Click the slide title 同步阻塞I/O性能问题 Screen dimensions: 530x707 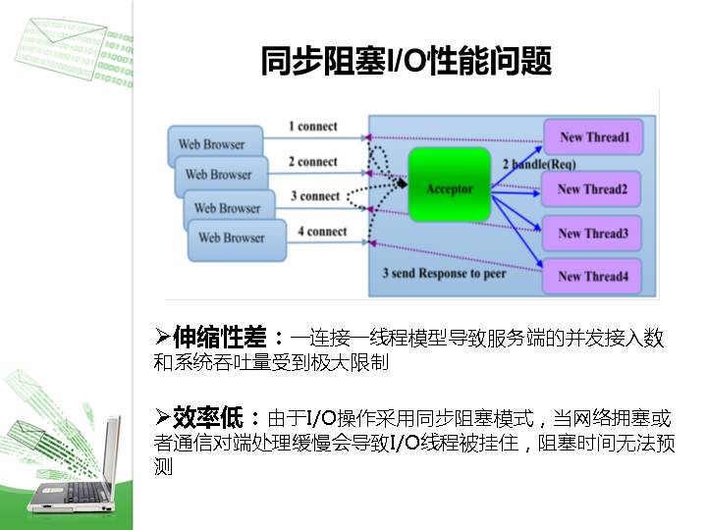click(x=406, y=61)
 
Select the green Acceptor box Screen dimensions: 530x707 click(x=449, y=186)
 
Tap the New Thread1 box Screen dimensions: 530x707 click(x=593, y=137)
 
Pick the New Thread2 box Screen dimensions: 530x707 click(x=592, y=188)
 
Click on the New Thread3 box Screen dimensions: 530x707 click(x=592, y=234)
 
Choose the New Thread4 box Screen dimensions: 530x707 click(x=592, y=276)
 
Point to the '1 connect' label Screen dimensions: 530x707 click(x=312, y=127)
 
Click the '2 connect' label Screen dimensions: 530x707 click(x=312, y=162)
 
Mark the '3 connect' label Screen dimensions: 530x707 click(x=314, y=196)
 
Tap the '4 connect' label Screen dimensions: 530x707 click(x=322, y=232)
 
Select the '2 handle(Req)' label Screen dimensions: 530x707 click(x=539, y=163)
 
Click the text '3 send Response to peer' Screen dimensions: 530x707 click(x=444, y=274)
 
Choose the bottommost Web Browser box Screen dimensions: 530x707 click(x=232, y=238)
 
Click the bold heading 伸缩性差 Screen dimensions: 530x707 click(x=220, y=339)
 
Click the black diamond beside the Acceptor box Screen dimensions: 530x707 click(x=400, y=184)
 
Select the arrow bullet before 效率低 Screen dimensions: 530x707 click(x=163, y=416)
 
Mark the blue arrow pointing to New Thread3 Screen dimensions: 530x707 click(x=516, y=213)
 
